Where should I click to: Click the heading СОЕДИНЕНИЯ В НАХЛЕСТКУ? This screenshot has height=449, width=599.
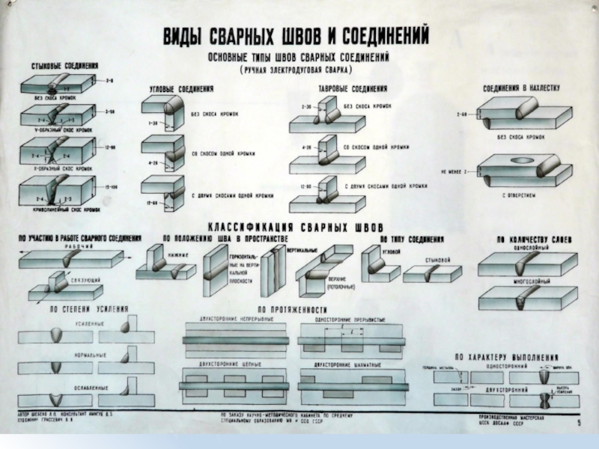pos(521,88)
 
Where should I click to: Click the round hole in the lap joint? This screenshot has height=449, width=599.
pos(517,160)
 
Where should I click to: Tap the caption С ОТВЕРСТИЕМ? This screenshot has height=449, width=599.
pos(517,194)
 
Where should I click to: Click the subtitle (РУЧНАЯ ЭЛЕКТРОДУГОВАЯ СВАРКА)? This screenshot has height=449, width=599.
pos(296,69)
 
